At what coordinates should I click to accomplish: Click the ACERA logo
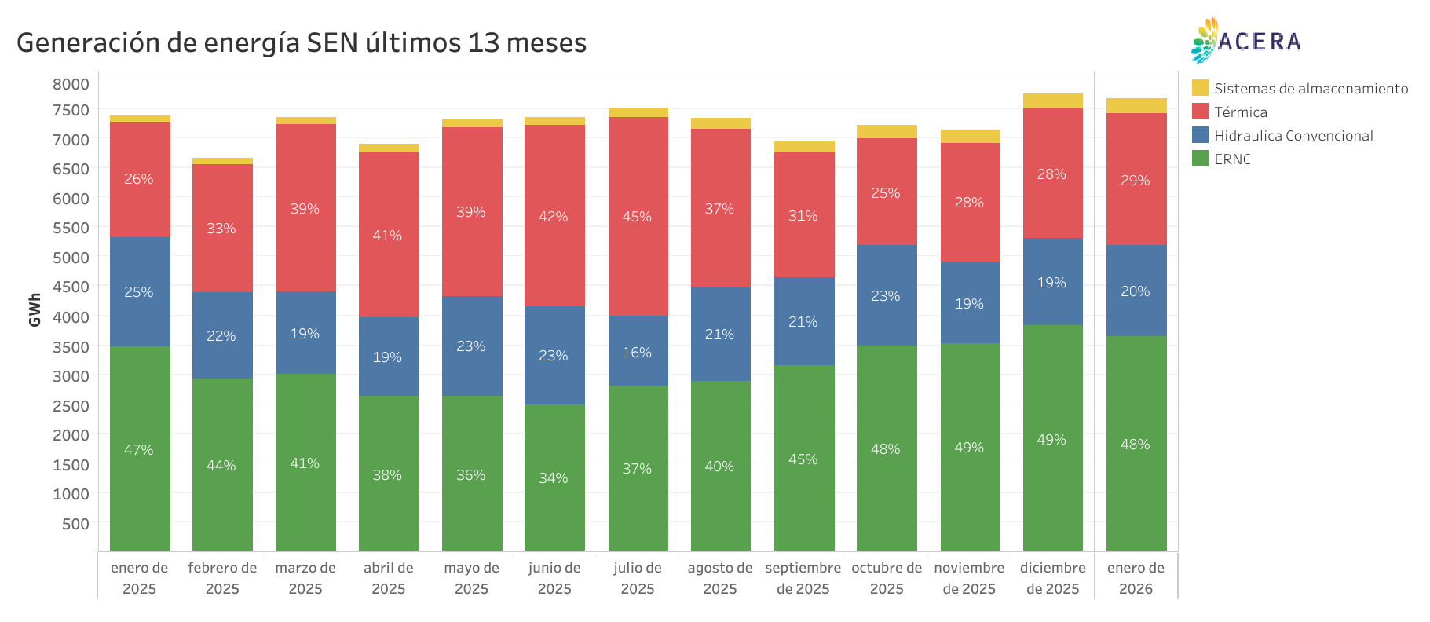[1245, 41]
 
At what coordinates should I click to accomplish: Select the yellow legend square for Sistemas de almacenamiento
[1200, 88]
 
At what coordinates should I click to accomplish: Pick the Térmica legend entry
[1240, 112]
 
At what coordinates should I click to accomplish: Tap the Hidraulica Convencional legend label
[1293, 136]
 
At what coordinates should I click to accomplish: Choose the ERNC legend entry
[1231, 159]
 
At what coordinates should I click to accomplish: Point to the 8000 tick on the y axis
[71, 84]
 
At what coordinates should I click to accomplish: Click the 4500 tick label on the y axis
[71, 287]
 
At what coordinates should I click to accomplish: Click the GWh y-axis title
[35, 309]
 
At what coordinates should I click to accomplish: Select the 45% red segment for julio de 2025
[638, 217]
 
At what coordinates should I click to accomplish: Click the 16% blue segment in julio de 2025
[638, 353]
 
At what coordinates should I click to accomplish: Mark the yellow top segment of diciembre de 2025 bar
[1052, 101]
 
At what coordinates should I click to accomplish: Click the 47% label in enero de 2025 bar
[139, 450]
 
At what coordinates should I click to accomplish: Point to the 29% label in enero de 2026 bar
[1136, 181]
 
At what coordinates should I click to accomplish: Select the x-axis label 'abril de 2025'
[388, 578]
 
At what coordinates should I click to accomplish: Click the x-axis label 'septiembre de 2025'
[803, 578]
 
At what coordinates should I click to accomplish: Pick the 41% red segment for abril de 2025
[388, 236]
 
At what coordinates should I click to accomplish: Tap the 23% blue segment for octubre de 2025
[886, 296]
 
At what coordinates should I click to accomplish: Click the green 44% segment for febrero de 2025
[222, 466]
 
